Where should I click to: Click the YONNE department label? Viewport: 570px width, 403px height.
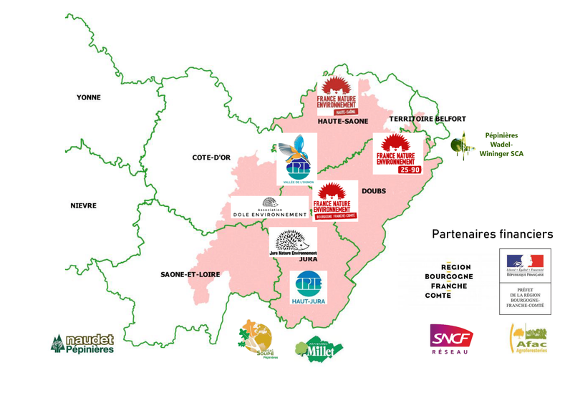(x=89, y=97)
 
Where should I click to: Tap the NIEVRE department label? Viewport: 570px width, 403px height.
(x=83, y=206)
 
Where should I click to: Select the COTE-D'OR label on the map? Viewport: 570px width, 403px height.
(x=211, y=157)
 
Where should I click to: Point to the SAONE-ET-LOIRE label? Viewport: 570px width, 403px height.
(x=190, y=274)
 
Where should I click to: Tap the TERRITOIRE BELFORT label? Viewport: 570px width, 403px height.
(x=427, y=119)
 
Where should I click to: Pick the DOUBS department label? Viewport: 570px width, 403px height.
(x=373, y=191)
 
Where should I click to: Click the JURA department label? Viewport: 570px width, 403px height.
(x=308, y=259)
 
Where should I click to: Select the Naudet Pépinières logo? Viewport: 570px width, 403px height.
(x=82, y=344)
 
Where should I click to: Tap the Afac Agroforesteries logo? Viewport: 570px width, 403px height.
(x=528, y=339)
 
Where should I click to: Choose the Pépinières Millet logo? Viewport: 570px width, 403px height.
(x=319, y=348)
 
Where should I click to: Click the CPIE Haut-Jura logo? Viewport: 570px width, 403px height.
(x=308, y=288)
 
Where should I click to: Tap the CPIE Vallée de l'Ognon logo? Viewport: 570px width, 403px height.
(x=297, y=160)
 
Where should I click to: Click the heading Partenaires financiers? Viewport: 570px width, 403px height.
(x=492, y=234)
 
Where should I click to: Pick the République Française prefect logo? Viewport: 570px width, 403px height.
(x=525, y=281)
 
